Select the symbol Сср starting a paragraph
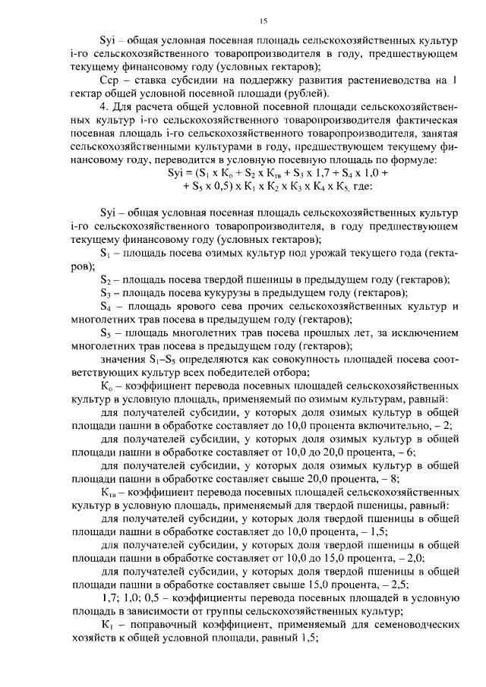[111, 80]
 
